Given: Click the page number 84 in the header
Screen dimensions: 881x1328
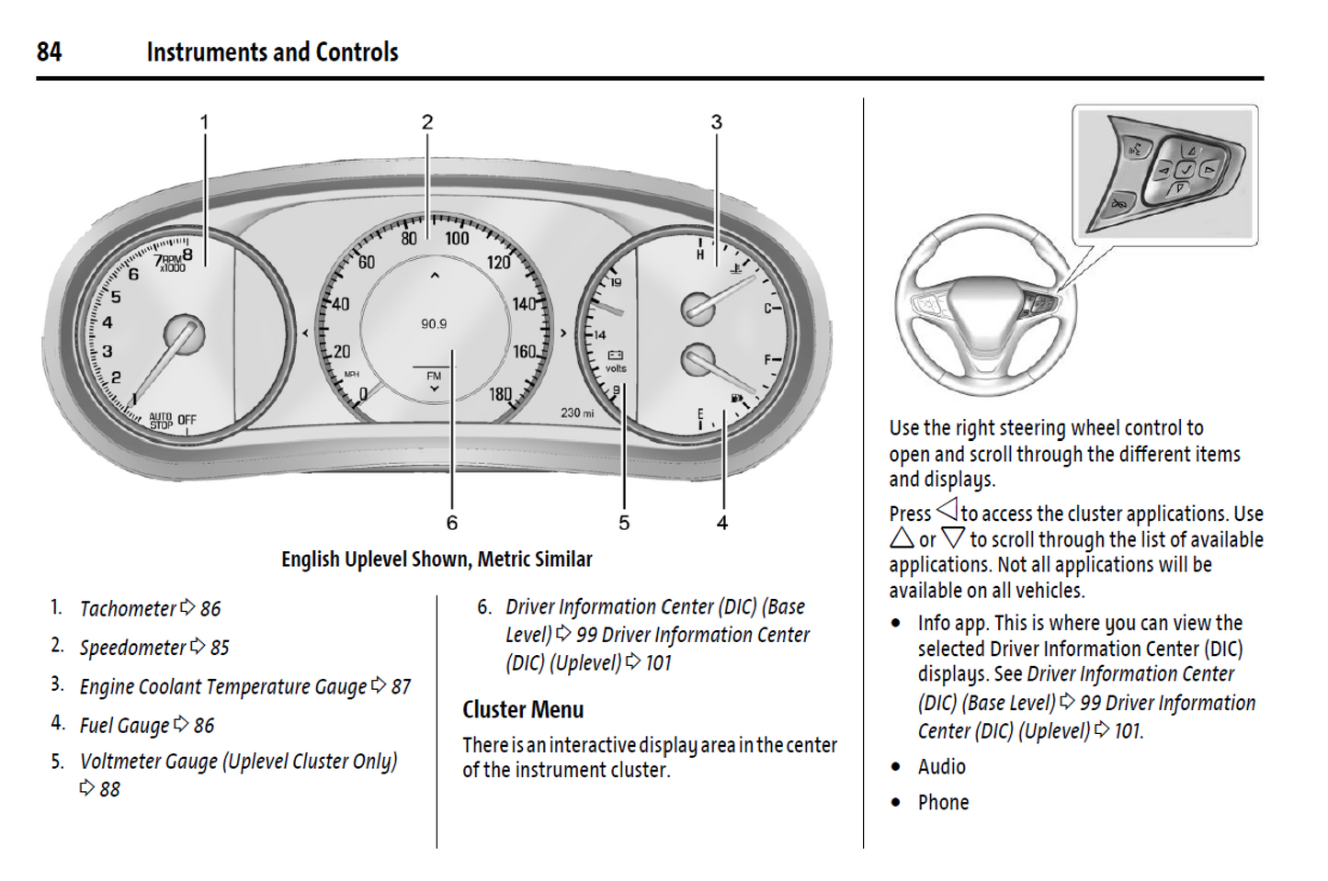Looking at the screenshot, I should click(x=49, y=52).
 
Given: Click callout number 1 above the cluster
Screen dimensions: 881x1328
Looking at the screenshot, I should click(x=204, y=122).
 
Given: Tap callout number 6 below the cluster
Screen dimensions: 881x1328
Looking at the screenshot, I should click(x=451, y=523).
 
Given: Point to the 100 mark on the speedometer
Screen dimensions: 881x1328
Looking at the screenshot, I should click(x=457, y=239).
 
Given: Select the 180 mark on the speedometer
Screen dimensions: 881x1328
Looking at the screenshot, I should click(x=500, y=394).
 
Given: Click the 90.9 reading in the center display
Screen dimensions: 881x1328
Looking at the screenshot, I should click(x=434, y=324).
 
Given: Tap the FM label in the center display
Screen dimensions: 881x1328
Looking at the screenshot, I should click(x=434, y=376).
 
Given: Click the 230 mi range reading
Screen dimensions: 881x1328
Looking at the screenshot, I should click(x=577, y=413).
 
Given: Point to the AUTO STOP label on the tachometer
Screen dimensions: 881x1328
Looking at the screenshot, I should click(x=161, y=421).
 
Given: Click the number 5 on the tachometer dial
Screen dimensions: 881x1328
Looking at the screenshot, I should click(x=116, y=297).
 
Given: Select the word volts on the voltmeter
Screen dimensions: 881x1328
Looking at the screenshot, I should click(x=616, y=368).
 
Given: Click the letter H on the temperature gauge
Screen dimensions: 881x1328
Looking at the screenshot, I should click(x=700, y=254).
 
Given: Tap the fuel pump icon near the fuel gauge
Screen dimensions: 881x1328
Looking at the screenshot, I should click(x=737, y=399).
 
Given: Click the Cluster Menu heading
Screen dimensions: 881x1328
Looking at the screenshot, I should click(x=523, y=710).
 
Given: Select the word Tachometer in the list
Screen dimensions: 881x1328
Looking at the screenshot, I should click(x=128, y=609).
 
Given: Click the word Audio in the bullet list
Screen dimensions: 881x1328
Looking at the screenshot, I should click(x=941, y=767).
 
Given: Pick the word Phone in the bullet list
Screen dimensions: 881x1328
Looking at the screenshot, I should click(x=943, y=803).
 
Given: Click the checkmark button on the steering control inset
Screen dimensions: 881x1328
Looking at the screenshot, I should click(x=1186, y=169).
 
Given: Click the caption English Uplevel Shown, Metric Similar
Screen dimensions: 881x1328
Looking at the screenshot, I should click(x=437, y=559).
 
